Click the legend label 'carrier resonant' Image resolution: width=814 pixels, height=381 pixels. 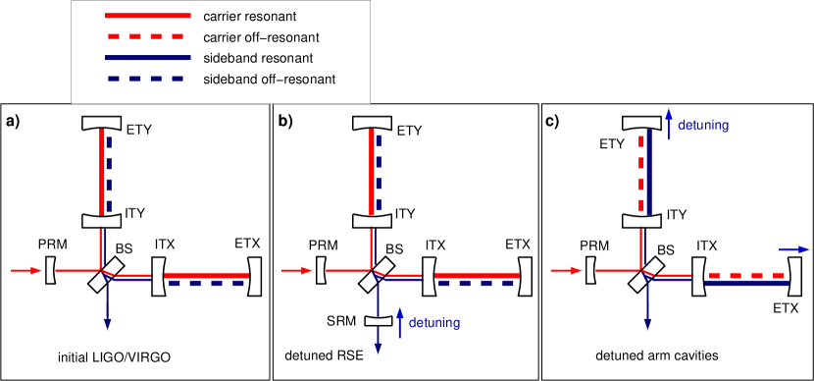pos(249,18)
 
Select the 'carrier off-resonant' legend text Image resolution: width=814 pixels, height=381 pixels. pos(262,38)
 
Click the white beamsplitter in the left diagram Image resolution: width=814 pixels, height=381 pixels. pos(107,275)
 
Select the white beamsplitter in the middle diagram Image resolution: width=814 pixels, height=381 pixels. pos(377,275)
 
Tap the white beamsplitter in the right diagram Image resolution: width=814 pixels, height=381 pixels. pos(647,275)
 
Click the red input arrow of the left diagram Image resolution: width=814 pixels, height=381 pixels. pos(26,269)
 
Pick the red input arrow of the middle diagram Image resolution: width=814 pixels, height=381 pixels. pos(296,269)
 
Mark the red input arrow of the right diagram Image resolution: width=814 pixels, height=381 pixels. pos(566,269)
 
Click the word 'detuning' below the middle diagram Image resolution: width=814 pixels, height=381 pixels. pos(434,322)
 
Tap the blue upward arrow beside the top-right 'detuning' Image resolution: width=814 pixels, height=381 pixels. pos(668,121)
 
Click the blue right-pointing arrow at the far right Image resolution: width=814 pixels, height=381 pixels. pos(790,248)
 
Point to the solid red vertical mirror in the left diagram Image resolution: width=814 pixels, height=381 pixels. pos(101,171)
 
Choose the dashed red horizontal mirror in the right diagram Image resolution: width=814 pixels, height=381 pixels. pos(746,275)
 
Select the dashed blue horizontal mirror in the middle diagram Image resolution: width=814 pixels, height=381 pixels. pos(477,283)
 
